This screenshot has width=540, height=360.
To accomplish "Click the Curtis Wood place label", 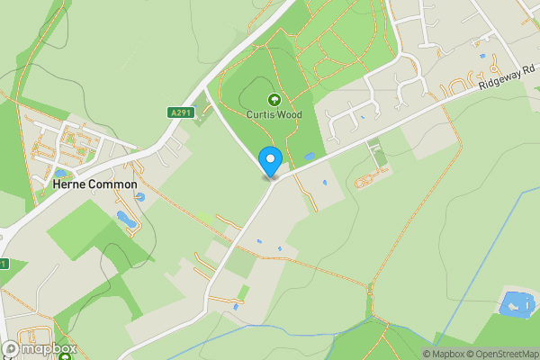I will [274, 114].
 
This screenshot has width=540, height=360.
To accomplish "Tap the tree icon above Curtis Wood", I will [274, 100].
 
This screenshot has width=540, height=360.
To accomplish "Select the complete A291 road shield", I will [179, 112].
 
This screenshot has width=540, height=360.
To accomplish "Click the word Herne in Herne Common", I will [70, 184].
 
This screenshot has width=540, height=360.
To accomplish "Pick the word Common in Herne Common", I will [113, 184].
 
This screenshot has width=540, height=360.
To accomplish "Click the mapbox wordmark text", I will [49, 349].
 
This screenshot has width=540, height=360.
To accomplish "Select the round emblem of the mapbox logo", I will [11, 349].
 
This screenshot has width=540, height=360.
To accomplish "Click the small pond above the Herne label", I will [60, 172].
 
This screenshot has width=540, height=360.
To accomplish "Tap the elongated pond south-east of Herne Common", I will [123, 218].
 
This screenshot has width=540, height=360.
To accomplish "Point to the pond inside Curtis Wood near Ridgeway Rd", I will [310, 157].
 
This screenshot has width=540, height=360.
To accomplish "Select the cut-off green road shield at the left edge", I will [3, 264].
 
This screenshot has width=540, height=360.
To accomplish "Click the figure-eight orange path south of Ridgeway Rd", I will [365, 181].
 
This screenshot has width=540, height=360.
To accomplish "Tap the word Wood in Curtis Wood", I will [289, 114].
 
